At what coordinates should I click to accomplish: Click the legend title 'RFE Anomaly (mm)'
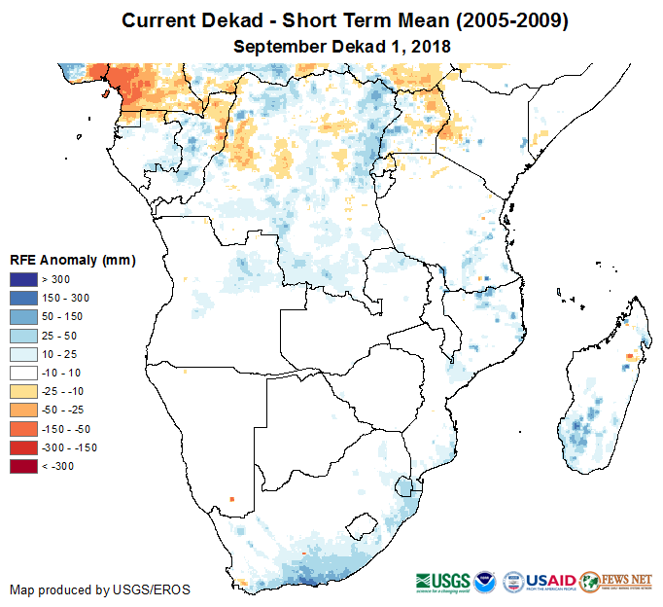coord(72,260)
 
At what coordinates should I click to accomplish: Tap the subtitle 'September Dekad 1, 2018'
coord(342,46)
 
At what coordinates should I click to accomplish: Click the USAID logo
coord(552,580)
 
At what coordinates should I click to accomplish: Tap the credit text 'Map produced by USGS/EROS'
coord(100,589)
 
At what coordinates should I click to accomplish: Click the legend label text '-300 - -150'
coord(69,447)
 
